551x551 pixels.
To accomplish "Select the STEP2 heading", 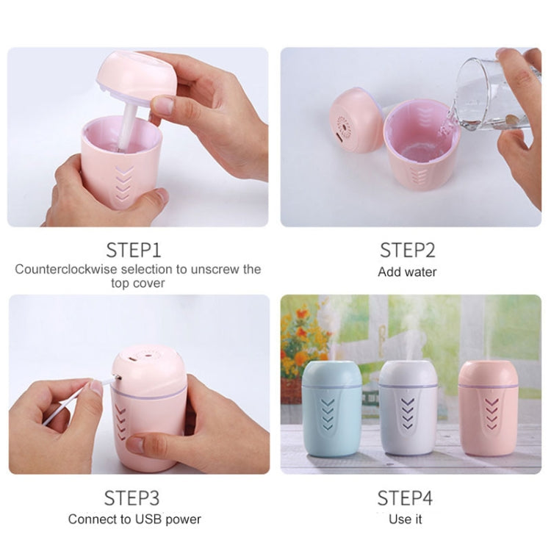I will (407, 249).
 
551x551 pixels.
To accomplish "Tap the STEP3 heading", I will (132, 498).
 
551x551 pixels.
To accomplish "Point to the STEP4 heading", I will (406, 498).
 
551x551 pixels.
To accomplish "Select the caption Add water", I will (407, 272).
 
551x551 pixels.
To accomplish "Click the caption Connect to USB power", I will (134, 519).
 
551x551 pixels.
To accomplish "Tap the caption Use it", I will (406, 519).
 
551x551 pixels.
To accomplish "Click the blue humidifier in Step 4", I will (332, 408).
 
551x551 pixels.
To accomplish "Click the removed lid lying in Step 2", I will (356, 120).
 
